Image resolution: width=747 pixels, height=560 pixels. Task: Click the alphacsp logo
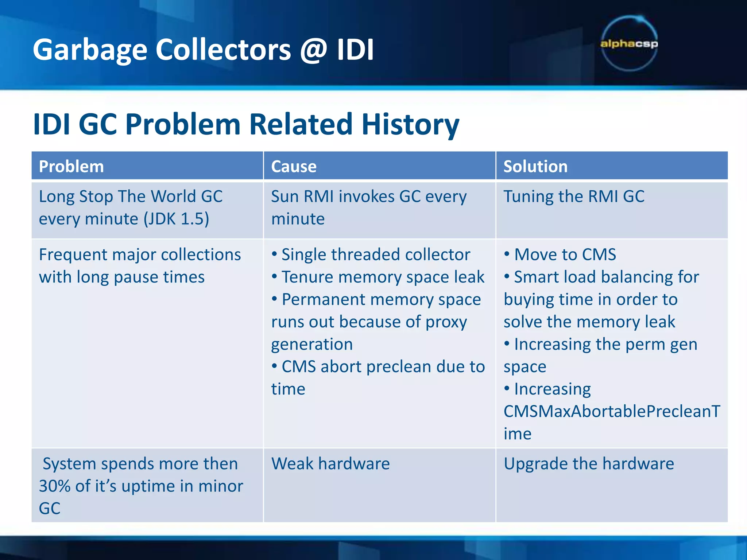629,44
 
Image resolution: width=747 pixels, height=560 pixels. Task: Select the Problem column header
71,167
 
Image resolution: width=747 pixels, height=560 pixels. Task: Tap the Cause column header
294,167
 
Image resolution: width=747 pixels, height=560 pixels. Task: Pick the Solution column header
535,167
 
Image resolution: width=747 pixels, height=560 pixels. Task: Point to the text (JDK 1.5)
176,219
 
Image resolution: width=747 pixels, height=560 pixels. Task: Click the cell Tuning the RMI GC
574,197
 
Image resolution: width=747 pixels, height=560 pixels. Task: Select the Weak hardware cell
330,464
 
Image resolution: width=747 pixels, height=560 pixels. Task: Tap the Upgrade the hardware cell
588,464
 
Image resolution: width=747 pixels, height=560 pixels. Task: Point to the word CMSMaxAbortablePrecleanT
612,411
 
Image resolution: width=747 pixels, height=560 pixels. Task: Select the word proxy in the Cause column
446,322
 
